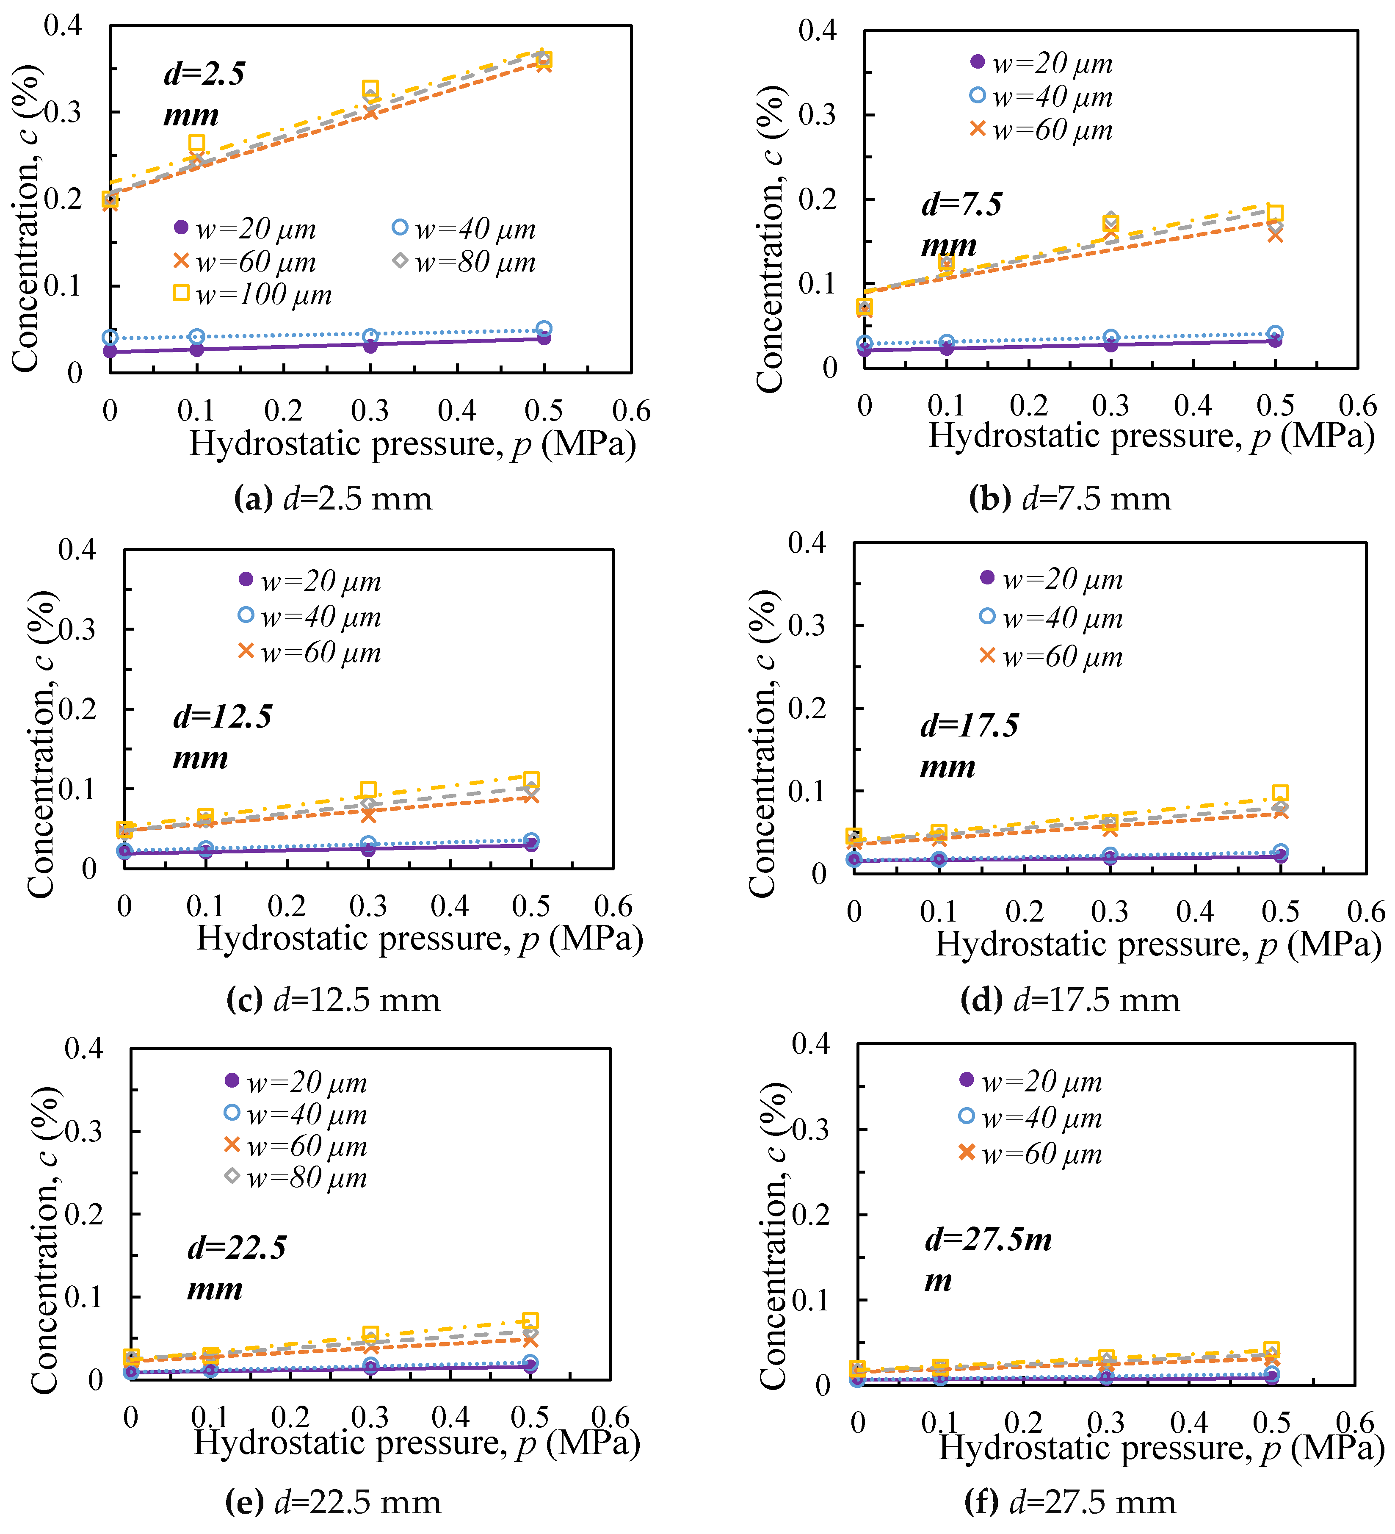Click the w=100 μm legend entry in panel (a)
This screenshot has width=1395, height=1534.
[x=253, y=294]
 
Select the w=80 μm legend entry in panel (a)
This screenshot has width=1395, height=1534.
[x=464, y=262]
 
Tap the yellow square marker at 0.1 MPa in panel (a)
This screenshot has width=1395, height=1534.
[x=196, y=143]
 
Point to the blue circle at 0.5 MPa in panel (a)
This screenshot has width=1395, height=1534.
[x=544, y=329]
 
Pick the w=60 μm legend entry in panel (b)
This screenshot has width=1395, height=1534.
[x=1041, y=130]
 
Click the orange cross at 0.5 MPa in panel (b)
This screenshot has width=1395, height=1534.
[x=1276, y=235]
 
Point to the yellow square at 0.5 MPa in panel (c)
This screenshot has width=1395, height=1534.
[x=531, y=780]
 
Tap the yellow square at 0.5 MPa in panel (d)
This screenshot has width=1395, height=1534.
[x=1280, y=793]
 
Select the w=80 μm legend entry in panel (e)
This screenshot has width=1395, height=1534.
[x=297, y=1178]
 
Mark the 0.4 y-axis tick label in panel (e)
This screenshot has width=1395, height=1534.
[x=84, y=1049]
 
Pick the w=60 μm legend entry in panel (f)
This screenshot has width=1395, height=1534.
[x=1030, y=1154]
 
